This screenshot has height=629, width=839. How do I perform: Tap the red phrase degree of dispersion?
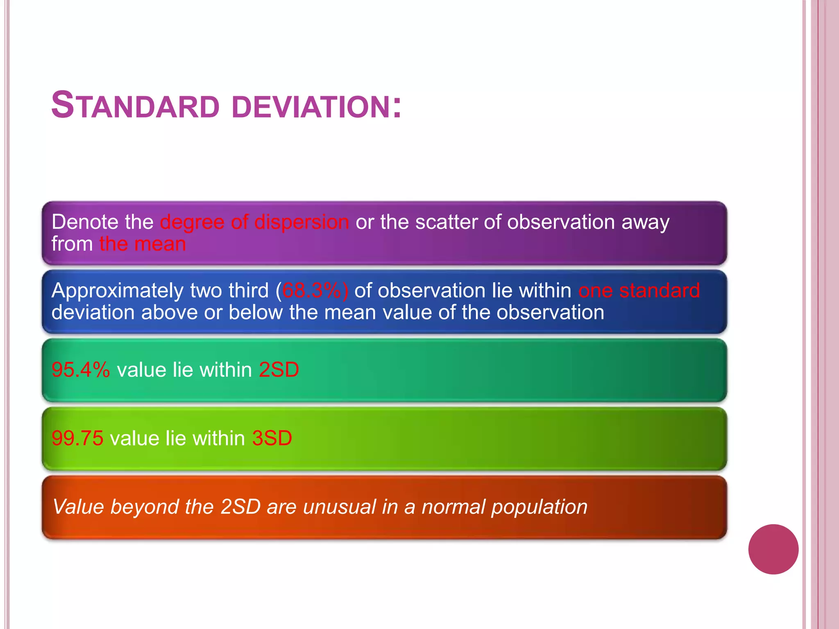(x=254, y=222)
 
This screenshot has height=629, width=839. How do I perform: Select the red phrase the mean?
(x=143, y=244)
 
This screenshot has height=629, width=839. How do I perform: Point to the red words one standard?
(x=639, y=291)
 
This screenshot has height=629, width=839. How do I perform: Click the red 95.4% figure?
(x=81, y=370)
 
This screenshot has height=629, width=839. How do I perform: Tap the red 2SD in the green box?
(x=279, y=370)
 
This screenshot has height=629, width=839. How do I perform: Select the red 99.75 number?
(x=77, y=438)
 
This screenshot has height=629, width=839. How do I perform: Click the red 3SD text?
(x=272, y=438)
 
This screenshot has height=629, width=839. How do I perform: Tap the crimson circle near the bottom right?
(x=773, y=549)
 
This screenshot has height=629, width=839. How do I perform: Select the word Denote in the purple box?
(x=85, y=222)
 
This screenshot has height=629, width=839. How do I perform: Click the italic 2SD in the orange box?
(x=240, y=507)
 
